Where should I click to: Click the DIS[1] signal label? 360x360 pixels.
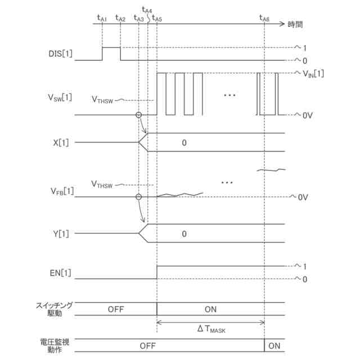60,55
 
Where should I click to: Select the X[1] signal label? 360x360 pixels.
63,143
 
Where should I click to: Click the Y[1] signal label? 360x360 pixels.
63,234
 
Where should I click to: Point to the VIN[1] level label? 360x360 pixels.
313,73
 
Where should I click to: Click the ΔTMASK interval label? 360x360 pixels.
211,330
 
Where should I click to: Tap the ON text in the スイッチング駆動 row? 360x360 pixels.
210,309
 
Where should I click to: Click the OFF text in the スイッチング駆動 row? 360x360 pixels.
115,309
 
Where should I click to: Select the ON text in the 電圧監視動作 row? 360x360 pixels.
274,344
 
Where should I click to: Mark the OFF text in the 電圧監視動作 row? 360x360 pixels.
147,344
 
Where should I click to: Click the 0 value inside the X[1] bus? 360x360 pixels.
183,143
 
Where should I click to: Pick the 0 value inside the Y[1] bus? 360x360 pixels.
183,234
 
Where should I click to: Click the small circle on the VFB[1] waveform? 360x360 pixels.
138,197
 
